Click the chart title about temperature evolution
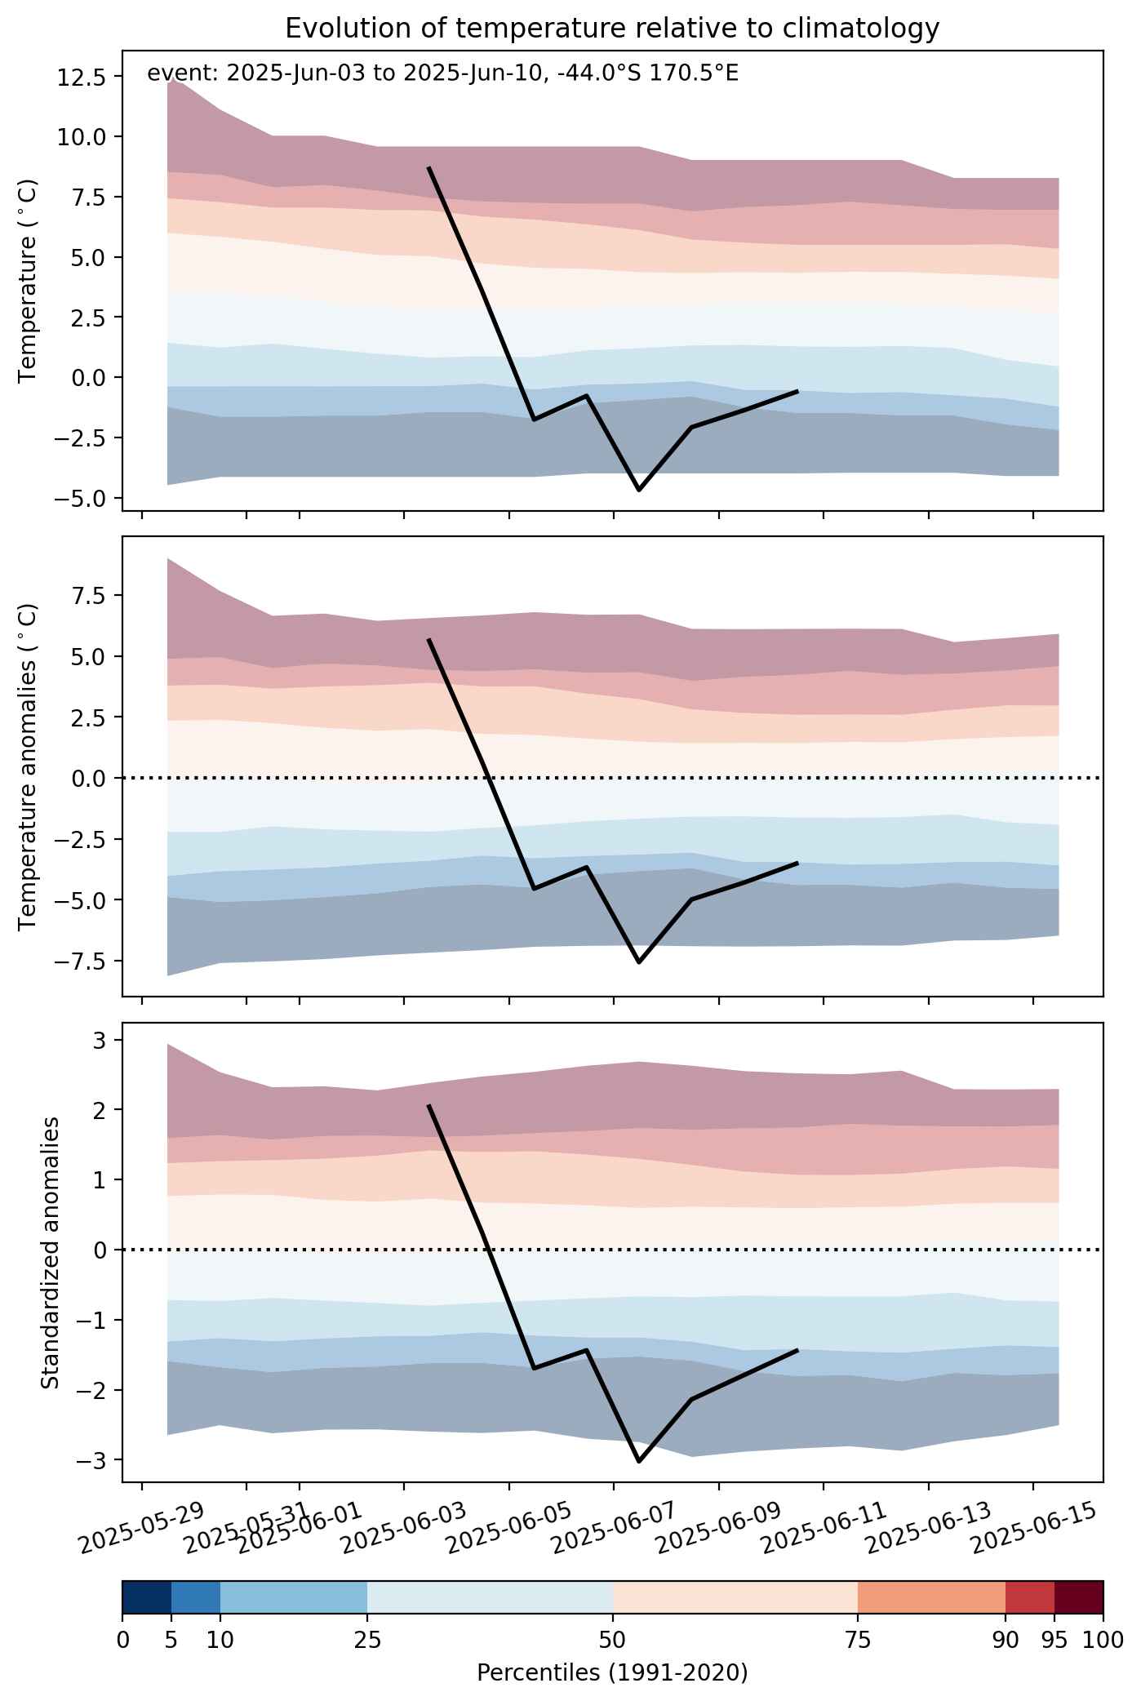tap(612, 29)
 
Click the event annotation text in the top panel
tap(442, 73)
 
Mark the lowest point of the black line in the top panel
tap(639, 490)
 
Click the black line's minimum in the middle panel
tap(639, 962)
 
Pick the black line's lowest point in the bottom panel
tap(639, 1462)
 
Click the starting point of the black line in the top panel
tap(428, 167)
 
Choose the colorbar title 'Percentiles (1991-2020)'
tap(612, 1672)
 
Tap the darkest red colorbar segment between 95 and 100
tap(1078, 1597)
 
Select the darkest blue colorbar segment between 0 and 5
tap(147, 1597)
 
